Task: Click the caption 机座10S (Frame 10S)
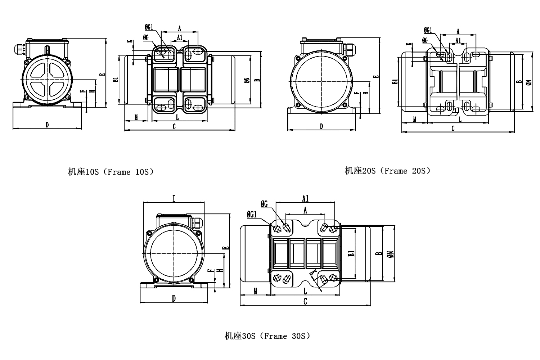pyautogui.click(x=111, y=172)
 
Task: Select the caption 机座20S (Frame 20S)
pyautogui.click(x=387, y=171)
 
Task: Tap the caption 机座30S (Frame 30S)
pyautogui.click(x=267, y=336)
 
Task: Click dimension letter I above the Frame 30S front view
pyautogui.click(x=174, y=199)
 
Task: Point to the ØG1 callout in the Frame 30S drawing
pyautogui.click(x=252, y=215)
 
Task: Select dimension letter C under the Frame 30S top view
pyautogui.click(x=305, y=301)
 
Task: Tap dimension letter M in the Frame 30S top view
pyautogui.click(x=255, y=291)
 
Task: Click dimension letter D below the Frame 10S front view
pyautogui.click(x=47, y=125)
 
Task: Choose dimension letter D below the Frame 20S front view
pyautogui.click(x=321, y=126)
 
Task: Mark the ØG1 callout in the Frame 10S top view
pyautogui.click(x=149, y=27)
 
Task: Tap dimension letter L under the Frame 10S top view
pyautogui.click(x=177, y=117)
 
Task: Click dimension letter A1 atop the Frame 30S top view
pyautogui.click(x=305, y=198)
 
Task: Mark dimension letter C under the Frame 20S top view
pyautogui.click(x=453, y=128)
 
